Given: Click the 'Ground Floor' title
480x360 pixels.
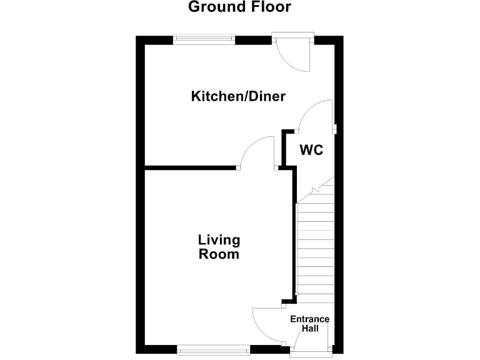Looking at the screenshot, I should tap(239, 7).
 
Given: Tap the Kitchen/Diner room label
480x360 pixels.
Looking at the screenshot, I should tap(238, 96).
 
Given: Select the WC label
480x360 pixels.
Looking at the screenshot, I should tap(311, 151).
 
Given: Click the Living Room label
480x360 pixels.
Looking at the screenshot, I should tap(219, 247).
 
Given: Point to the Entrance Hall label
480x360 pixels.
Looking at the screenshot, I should tap(310, 324).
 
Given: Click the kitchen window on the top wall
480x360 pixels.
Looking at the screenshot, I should tap(204, 39).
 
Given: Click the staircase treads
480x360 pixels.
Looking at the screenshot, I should tap(315, 250).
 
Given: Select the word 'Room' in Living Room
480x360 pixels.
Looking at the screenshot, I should tap(219, 255).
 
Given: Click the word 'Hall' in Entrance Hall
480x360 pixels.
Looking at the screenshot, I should tap(310, 328).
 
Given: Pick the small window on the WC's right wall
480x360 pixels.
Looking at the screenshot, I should tap(335, 129).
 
